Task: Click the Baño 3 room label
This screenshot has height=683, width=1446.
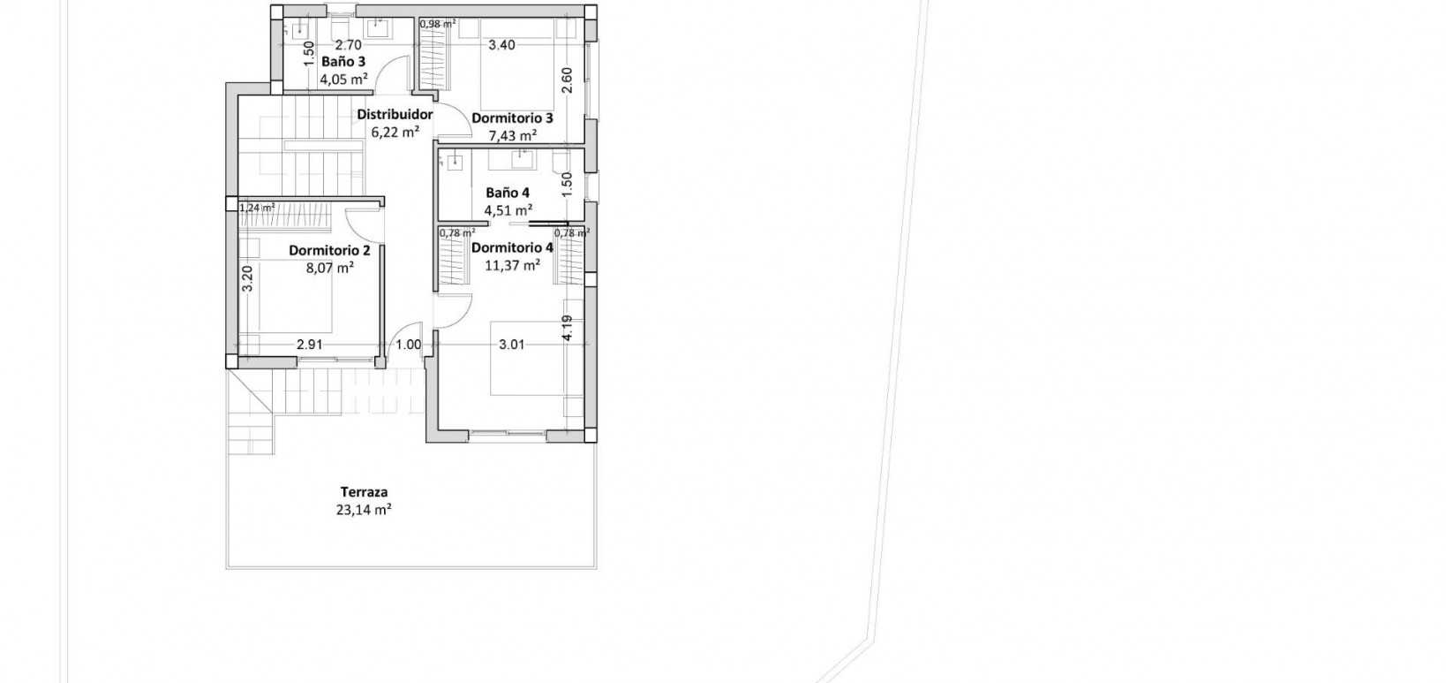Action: tap(343, 62)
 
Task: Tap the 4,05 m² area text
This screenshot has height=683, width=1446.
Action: tap(343, 79)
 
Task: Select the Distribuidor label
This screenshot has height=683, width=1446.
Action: tap(395, 115)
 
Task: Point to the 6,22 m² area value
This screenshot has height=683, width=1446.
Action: tap(395, 133)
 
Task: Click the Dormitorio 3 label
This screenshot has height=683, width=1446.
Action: tap(512, 118)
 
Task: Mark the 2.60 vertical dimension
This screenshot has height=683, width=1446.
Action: tap(567, 81)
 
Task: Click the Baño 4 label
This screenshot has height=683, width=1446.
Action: tap(508, 192)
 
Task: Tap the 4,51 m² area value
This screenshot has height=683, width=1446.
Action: tap(508, 209)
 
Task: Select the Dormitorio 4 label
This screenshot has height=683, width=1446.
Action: tap(512, 247)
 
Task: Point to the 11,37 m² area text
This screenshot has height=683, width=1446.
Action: tap(512, 264)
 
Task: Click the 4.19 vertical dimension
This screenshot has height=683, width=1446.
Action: tap(567, 329)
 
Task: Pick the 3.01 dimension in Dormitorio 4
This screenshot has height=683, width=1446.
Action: tap(511, 345)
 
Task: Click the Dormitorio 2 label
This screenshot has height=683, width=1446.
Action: tap(329, 250)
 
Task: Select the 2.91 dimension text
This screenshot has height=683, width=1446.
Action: tap(309, 345)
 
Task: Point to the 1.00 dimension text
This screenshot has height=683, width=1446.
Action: tap(408, 345)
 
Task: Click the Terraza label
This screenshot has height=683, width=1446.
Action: tap(364, 492)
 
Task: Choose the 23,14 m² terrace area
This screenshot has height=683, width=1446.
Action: tap(364, 509)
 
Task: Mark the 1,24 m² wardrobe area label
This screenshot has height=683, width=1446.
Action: tap(257, 208)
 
